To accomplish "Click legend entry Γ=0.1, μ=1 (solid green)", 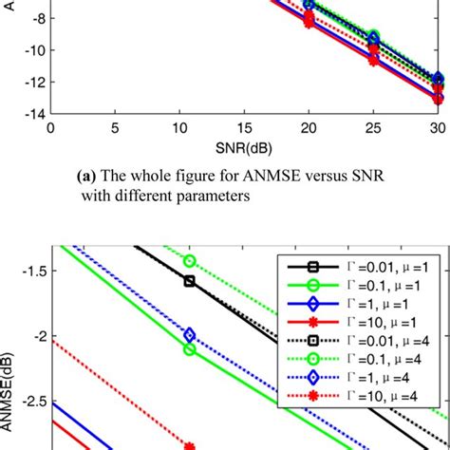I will [361, 285].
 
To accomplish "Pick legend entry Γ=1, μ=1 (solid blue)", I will [361, 306].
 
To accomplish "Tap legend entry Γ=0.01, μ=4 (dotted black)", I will [361, 347].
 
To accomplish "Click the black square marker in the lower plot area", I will [190, 281].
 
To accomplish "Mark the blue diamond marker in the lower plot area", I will [190, 335].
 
